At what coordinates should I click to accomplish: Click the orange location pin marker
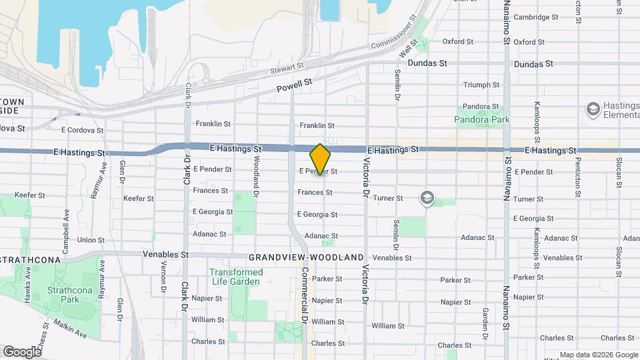[x=321, y=159]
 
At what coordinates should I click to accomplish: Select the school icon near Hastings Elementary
[x=591, y=109]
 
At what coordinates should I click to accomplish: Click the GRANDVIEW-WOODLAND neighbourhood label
[x=306, y=257]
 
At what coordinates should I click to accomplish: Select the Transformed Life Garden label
[x=236, y=277]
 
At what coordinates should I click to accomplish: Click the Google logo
[x=22, y=351]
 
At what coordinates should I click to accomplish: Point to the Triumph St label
[x=481, y=85]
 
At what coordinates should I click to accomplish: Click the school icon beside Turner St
[x=427, y=197]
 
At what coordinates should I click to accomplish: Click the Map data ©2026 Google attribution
[x=598, y=355]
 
